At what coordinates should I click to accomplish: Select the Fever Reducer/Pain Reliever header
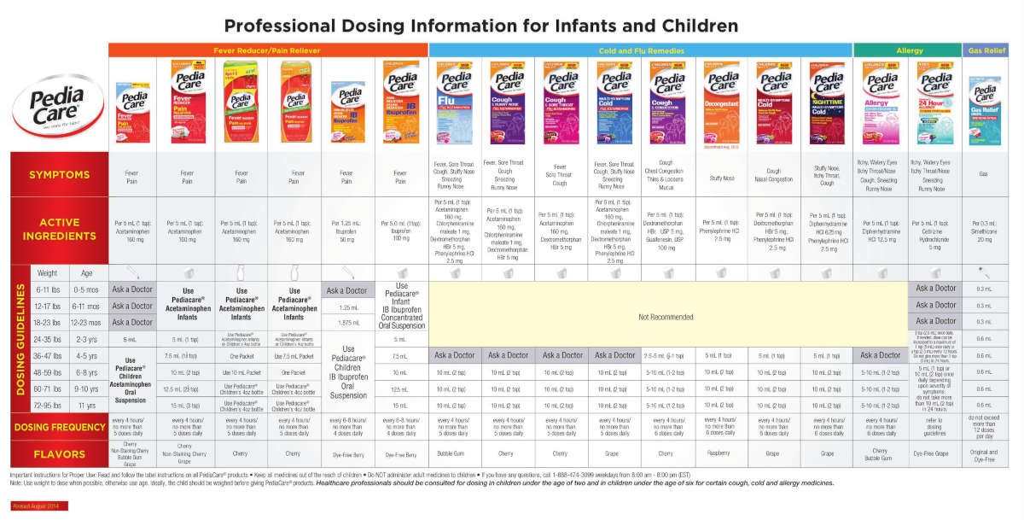tap(268, 50)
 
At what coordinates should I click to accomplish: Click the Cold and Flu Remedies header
tap(641, 50)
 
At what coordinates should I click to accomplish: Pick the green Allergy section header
tap(909, 50)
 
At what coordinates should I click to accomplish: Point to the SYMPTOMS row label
tap(59, 175)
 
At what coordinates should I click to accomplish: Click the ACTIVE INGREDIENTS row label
tap(59, 228)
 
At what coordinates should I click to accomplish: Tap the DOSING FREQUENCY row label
tap(59, 426)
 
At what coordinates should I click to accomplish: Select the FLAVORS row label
tap(59, 454)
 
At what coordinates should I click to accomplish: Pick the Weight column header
tap(48, 272)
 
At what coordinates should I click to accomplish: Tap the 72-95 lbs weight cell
tap(48, 405)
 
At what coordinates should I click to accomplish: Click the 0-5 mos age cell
tap(85, 289)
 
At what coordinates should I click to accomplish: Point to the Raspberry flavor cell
tap(721, 453)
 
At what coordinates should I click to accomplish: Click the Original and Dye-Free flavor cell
tap(984, 453)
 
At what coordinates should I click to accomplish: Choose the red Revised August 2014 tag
tap(34, 506)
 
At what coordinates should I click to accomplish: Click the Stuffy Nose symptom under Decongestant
tap(721, 178)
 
